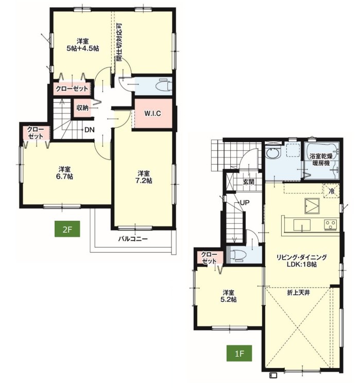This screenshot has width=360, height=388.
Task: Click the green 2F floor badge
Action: (67, 229)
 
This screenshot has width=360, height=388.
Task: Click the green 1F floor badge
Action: (239, 353)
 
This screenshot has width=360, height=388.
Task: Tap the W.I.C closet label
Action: (152, 114)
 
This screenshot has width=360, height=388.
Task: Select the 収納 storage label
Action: (82, 108)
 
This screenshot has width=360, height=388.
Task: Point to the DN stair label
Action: (90, 130)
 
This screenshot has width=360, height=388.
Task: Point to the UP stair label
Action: (245, 203)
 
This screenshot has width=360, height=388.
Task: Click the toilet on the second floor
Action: (163, 85)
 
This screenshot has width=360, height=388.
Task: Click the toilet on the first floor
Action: (237, 255)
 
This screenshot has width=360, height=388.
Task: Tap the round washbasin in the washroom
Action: (273, 153)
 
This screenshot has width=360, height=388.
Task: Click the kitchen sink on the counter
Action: (302, 225)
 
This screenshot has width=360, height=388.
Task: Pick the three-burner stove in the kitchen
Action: (331, 225)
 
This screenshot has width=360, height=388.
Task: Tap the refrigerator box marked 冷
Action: (331, 191)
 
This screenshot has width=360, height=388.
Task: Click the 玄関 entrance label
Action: (248, 182)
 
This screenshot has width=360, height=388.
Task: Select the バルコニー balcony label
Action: (133, 239)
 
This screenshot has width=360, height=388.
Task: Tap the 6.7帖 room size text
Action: (65, 177)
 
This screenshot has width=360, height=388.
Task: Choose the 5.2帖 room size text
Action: (229, 299)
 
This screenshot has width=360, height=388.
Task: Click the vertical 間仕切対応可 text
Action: (119, 43)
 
